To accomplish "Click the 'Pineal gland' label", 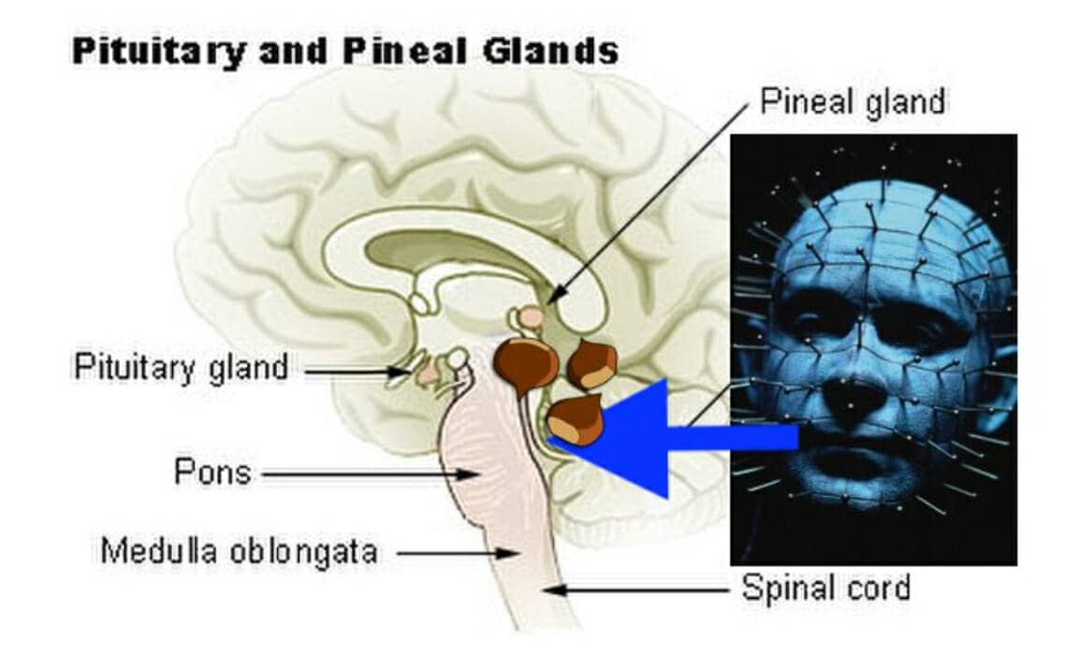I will pos(852,102).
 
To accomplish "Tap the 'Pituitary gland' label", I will pos(182,367).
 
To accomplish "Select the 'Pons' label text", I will pos(212,473).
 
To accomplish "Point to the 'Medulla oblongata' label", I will pos(239,551).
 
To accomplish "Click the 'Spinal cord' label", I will pos(825,589).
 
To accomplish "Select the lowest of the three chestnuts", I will pos(576,421).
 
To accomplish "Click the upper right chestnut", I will pos(591,363).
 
